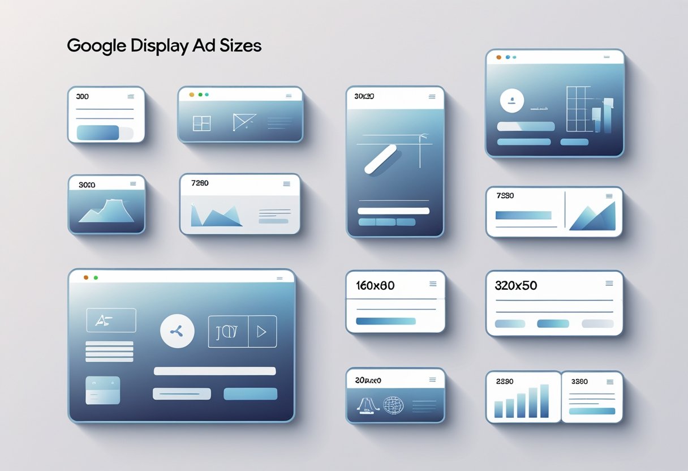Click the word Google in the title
pyautogui.click(x=96, y=45)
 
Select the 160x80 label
pyautogui.click(x=375, y=286)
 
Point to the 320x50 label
pyautogui.click(x=515, y=286)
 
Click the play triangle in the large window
pyautogui.click(x=262, y=332)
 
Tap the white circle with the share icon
pyautogui.click(x=177, y=331)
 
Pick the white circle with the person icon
pyautogui.click(x=512, y=101)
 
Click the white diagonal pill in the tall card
pyautogui.click(x=381, y=159)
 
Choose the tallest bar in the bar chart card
pyautogui.click(x=544, y=400)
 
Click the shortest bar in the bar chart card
pyautogui.click(x=498, y=409)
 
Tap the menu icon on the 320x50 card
pyautogui.click(x=609, y=283)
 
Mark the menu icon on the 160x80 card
pyautogui.click(x=433, y=284)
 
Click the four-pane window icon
pyautogui.click(x=201, y=123)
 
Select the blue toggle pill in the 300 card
pyautogui.click(x=98, y=132)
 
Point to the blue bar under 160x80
pyautogui.click(x=386, y=321)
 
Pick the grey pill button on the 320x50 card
pyautogui.click(x=597, y=324)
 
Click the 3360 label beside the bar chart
pyautogui.click(x=579, y=382)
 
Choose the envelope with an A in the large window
pyautogui.click(x=111, y=320)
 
